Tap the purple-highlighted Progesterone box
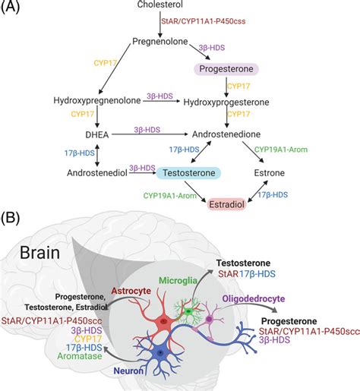coord(226,69)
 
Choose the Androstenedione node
coord(226,131)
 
